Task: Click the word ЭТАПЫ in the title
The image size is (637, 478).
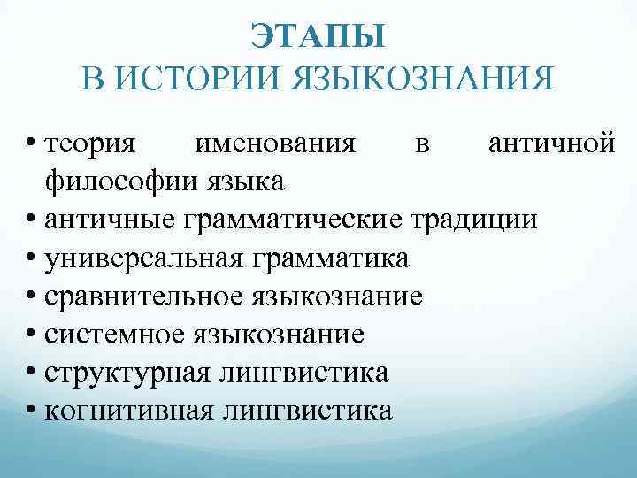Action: pos(318,38)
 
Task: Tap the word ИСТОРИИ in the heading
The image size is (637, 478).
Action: pos(203,78)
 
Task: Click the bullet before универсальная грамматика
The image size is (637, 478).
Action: pos(32,259)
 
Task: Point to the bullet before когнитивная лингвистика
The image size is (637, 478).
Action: pos(32,412)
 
